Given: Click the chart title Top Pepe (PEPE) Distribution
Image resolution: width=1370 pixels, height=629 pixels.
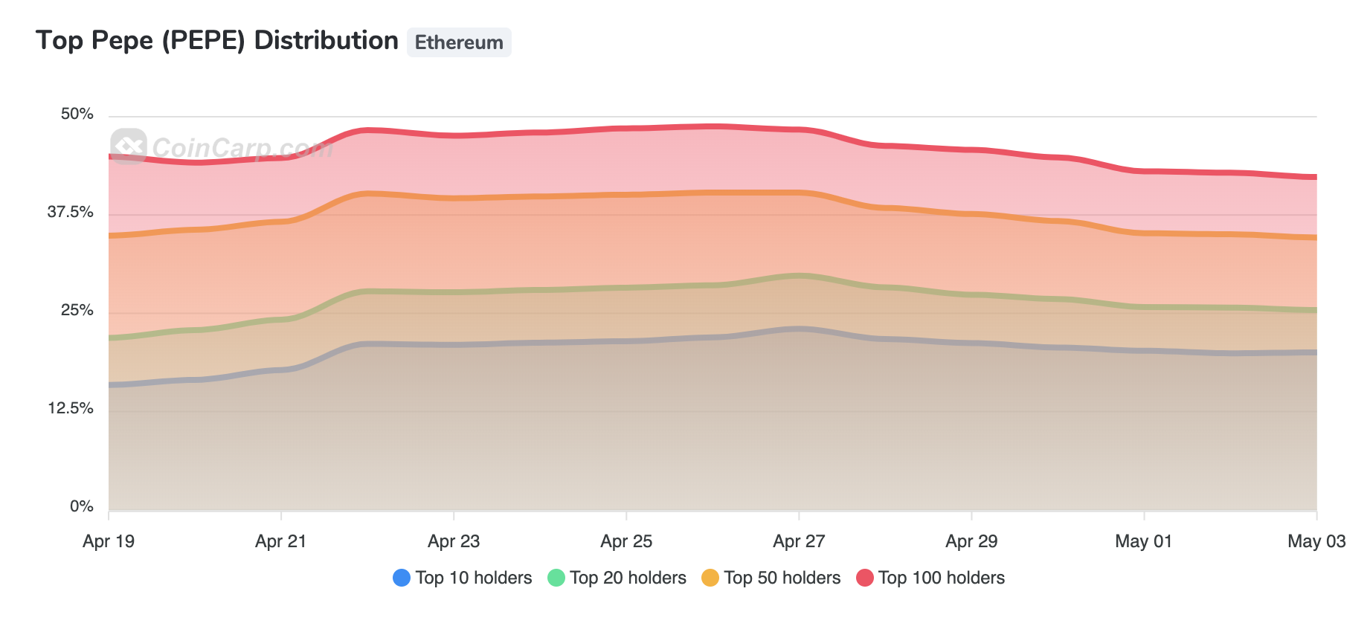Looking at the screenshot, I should [216, 41].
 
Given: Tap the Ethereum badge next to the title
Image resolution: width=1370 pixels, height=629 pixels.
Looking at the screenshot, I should [459, 42].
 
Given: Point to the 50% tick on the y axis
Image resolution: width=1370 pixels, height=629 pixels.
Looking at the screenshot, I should [77, 114].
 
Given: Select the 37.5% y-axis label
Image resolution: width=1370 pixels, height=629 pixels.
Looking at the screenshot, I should [70, 212].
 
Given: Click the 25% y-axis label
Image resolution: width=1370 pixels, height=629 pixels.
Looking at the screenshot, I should [77, 310].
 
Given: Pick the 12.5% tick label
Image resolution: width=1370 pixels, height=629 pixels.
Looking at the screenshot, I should [70, 408].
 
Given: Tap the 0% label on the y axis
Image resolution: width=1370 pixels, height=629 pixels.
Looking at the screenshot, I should [81, 506].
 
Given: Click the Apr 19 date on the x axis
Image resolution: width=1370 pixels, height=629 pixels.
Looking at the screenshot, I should [109, 541].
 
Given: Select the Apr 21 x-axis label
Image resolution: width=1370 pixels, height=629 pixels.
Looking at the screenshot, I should [280, 541].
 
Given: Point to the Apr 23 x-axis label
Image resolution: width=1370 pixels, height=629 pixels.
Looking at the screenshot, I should [454, 541].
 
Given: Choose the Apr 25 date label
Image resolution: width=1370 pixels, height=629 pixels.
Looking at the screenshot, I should [626, 541].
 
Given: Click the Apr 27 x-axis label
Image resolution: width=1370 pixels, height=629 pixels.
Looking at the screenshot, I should [799, 541].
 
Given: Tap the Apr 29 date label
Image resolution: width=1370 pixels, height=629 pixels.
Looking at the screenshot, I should [971, 541].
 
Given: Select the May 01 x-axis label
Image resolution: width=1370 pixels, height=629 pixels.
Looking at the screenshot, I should [1143, 541].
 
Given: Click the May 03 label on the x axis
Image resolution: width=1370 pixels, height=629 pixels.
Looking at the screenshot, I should [1316, 541].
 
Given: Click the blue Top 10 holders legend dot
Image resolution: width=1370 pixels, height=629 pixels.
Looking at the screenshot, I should [402, 578].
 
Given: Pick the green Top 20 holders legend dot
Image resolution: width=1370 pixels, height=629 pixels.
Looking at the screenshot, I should [556, 578].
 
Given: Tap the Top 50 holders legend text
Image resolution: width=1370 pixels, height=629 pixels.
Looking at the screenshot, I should [782, 578].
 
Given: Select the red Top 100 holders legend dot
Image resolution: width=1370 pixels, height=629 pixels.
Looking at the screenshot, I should [864, 578].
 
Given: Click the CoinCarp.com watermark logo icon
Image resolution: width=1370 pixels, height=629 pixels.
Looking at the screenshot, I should [129, 146].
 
